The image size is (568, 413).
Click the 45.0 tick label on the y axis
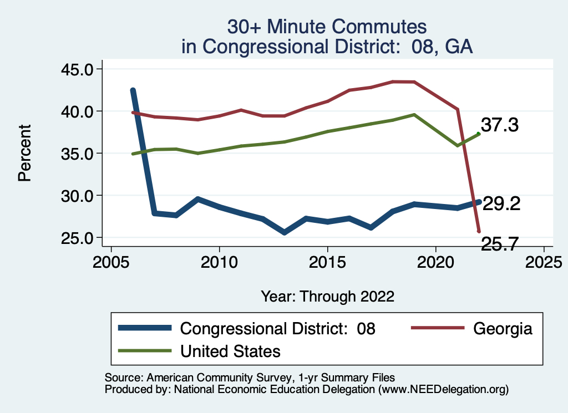78,69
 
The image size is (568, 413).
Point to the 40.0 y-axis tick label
78,111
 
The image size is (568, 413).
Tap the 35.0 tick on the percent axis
78,154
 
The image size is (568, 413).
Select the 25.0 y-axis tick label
78,238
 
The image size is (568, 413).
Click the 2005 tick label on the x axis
111,261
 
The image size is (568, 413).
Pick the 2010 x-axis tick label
219,261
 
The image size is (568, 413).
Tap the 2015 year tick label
327,261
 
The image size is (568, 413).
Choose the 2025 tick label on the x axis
544,261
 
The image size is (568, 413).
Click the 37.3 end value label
499,125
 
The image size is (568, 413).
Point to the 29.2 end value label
501,204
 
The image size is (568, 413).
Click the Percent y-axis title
24,154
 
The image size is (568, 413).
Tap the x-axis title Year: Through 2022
327,297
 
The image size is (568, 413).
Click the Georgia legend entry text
503,328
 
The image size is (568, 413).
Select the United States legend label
230,351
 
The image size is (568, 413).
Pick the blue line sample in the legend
145,328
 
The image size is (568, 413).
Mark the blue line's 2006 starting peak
133,90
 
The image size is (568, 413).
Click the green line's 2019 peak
414,114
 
